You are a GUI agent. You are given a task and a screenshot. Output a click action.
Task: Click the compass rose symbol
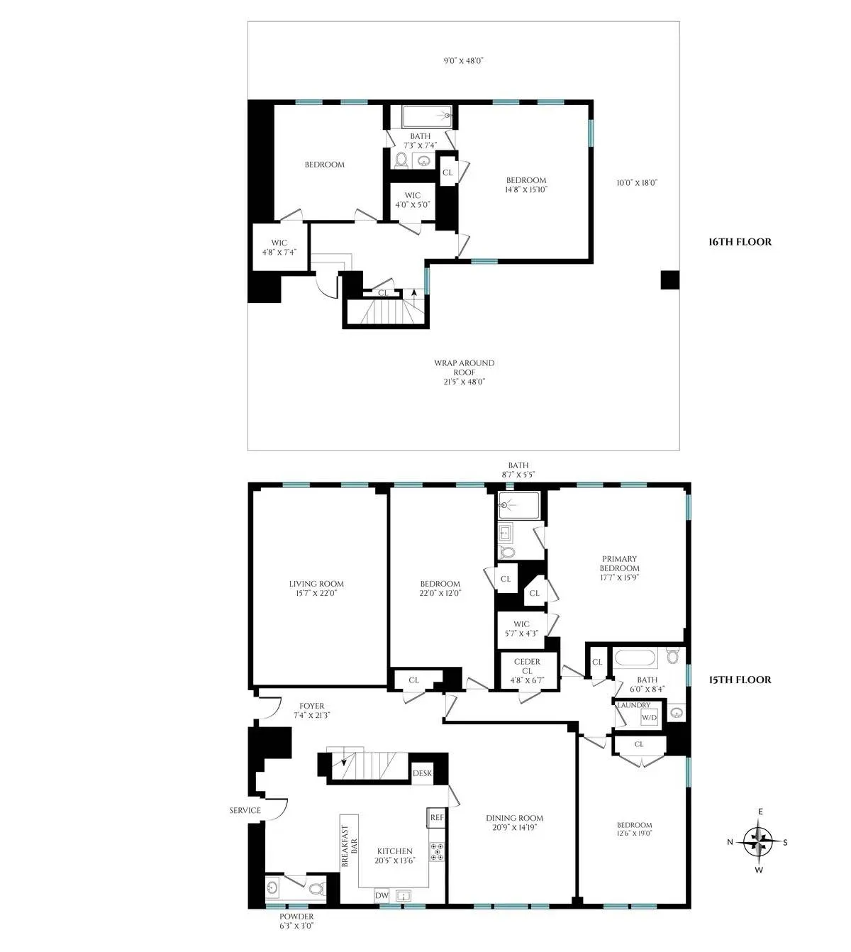[760, 842]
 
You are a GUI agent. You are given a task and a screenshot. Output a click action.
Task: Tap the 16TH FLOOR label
[740, 242]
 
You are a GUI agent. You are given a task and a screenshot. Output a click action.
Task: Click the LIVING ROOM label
[316, 588]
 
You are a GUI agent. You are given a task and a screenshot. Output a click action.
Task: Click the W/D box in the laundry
[649, 717]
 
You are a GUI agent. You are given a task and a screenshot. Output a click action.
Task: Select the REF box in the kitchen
[436, 817]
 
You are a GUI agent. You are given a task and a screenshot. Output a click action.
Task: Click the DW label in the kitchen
[382, 896]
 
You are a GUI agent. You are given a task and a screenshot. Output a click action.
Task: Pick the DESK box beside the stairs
[421, 774]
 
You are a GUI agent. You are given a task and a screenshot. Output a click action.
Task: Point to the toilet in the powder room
[318, 887]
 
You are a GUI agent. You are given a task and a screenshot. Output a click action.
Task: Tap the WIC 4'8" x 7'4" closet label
[279, 248]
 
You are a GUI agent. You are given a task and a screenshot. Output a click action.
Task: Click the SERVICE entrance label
[245, 810]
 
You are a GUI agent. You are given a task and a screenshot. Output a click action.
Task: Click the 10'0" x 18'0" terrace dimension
[637, 183]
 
